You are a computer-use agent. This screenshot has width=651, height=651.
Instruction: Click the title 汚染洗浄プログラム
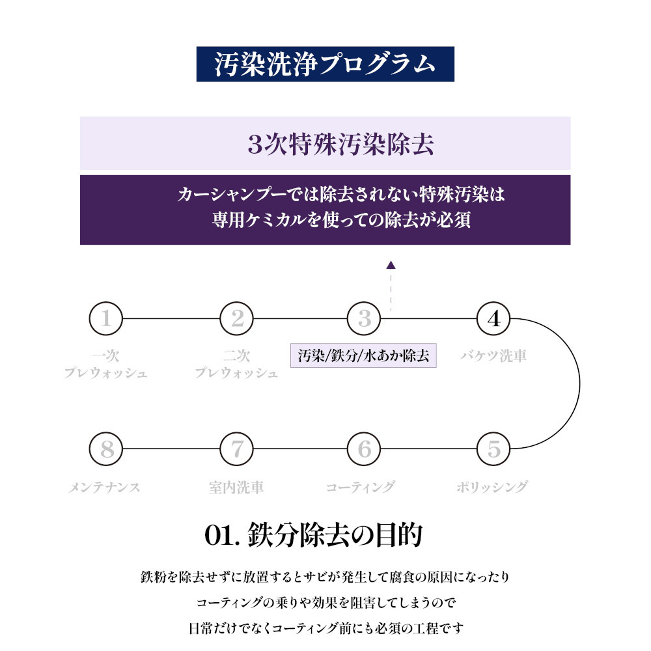coord(325,64)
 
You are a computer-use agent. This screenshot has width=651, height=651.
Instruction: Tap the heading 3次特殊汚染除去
coord(340,145)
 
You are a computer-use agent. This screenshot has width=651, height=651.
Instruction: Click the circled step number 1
coord(105,319)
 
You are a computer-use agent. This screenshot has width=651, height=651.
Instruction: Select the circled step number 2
coord(237,319)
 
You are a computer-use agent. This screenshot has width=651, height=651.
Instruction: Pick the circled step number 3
coord(364,319)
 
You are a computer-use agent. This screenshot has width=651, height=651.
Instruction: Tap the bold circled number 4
coord(493,319)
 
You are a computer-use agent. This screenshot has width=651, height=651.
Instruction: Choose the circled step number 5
coord(493,449)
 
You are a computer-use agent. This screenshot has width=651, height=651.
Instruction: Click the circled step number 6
coord(364,449)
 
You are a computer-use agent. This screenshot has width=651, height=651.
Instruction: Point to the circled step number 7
coord(237,449)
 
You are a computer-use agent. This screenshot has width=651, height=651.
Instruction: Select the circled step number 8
coord(105,449)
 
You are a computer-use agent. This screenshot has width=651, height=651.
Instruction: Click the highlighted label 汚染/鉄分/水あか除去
coord(363,356)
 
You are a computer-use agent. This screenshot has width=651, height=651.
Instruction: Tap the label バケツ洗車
coord(493,356)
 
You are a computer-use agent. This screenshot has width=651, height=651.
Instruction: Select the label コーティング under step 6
coord(360,486)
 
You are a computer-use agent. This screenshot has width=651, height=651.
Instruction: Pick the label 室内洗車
coord(236,486)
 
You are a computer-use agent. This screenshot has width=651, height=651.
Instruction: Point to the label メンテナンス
coord(104,486)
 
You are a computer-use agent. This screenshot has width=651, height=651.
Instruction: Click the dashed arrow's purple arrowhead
coord(391,265)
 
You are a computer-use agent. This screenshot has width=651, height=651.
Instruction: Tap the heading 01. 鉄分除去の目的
coord(314,535)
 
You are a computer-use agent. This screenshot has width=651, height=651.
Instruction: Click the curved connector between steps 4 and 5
coord(579,384)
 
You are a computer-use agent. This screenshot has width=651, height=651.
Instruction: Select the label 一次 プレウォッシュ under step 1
coord(105,365)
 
